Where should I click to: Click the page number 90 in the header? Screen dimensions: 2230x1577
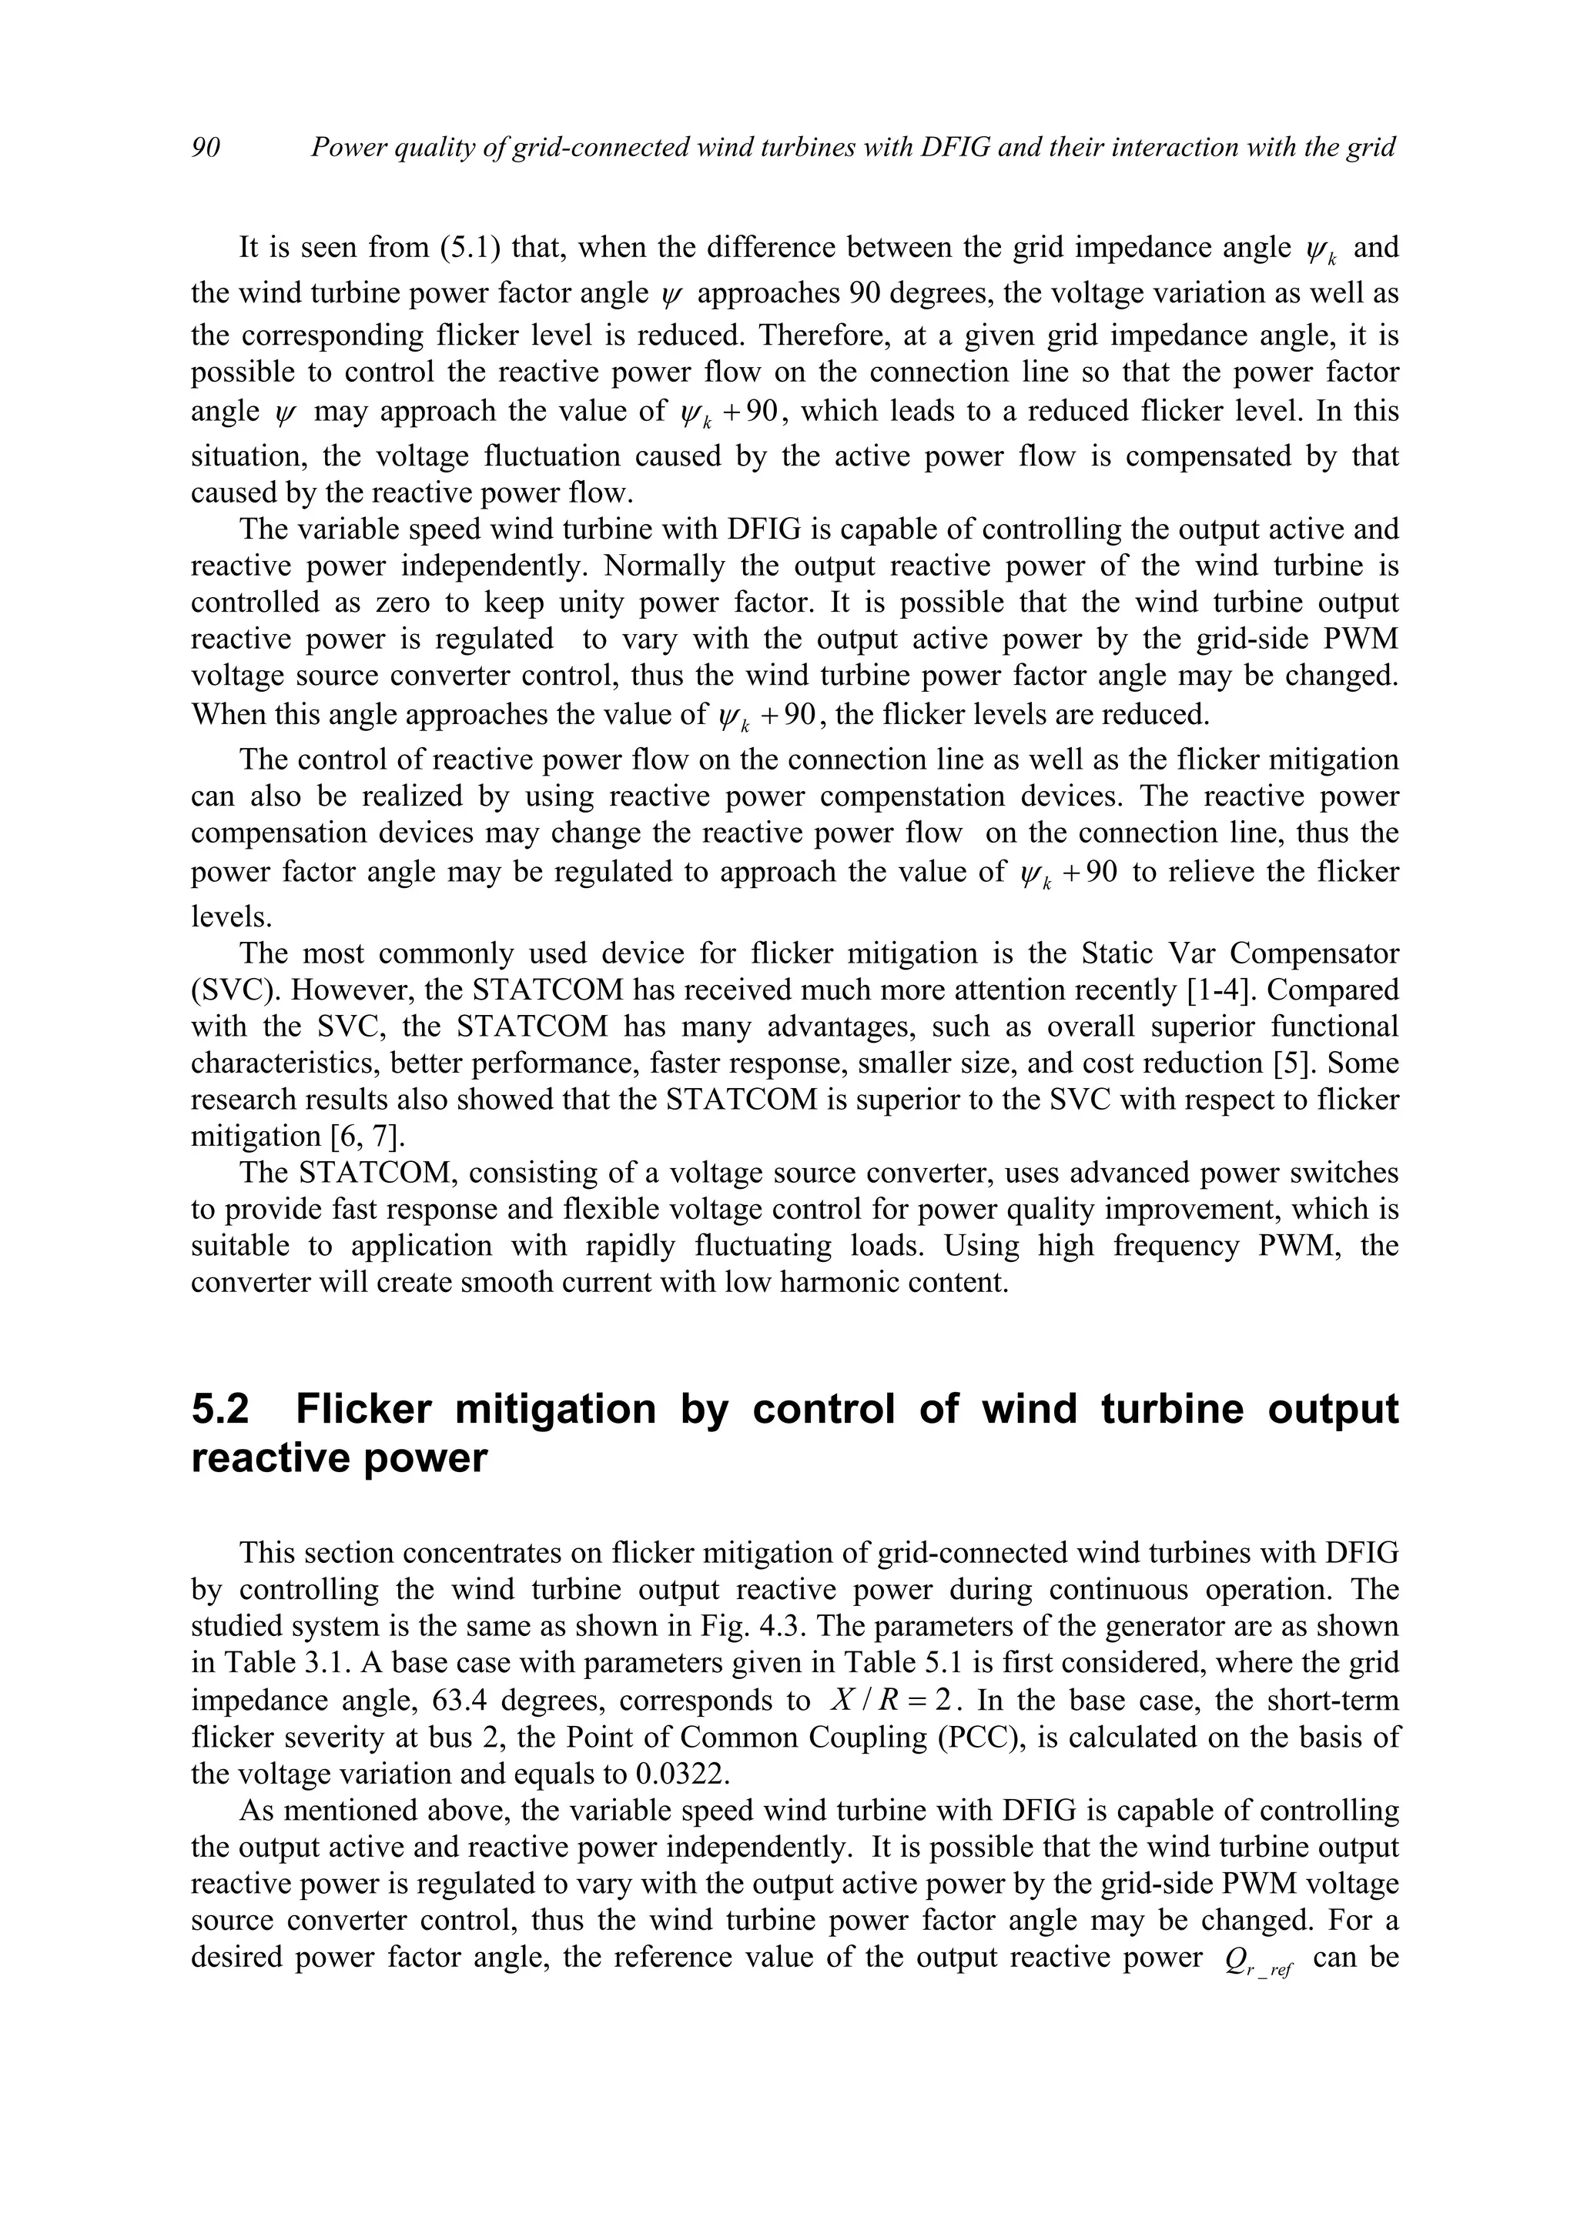coord(206,148)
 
